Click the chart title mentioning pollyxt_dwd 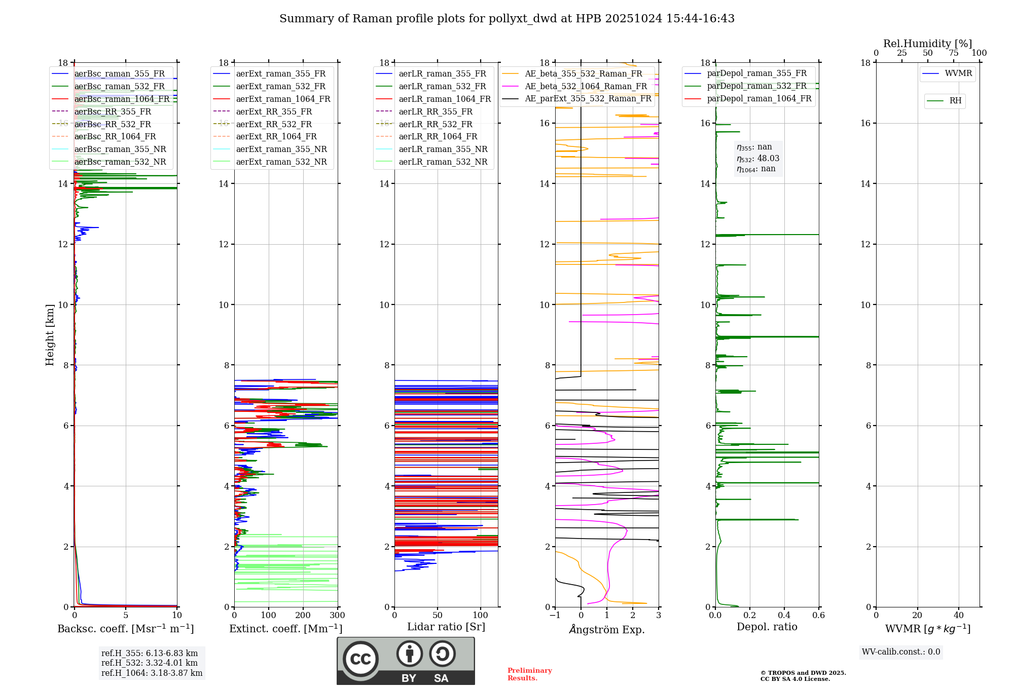pos(506,19)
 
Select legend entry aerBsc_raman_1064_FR pos(122,99)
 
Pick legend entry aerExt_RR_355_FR pos(274,112)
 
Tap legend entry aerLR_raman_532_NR pos(443,162)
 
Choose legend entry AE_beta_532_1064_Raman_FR pos(586,87)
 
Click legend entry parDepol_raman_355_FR pos(756,73)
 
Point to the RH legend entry pos(955,101)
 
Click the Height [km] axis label pos(50,335)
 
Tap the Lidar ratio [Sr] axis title pos(446,627)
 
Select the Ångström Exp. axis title pos(607,630)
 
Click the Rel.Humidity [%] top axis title pos(927,44)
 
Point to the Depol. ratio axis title pos(767,627)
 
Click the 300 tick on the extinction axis pos(338,616)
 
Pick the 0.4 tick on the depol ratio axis pos(784,616)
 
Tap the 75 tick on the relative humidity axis pos(954,53)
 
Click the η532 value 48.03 pos(768,159)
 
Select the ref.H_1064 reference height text pos(152,673)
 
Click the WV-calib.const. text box pos(901,652)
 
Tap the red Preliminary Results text pos(529,674)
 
